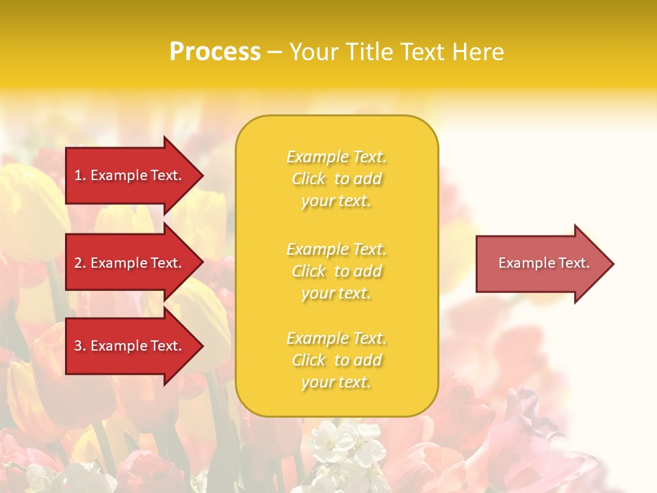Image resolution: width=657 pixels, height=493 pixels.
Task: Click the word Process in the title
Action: tap(215, 51)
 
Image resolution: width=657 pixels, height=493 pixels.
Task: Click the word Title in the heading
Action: tap(368, 51)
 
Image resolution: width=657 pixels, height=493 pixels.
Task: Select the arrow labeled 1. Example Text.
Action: tap(130, 175)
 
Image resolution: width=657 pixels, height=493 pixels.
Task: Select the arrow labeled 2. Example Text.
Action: tap(130, 263)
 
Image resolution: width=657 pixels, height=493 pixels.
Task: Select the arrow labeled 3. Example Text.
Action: tap(130, 346)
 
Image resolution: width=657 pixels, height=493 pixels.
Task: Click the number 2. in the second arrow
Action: tap(80, 263)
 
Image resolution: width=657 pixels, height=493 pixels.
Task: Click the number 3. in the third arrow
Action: tap(80, 346)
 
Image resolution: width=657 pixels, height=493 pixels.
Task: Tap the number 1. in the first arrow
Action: tap(80, 175)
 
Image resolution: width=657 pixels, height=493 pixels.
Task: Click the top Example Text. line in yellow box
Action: tap(336, 157)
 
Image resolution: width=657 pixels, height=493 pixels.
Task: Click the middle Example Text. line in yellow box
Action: tap(336, 249)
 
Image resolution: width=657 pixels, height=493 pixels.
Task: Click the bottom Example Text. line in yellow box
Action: tap(336, 338)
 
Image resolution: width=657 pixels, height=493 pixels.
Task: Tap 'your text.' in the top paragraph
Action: tap(336, 201)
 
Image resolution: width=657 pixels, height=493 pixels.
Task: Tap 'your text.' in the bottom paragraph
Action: tap(336, 383)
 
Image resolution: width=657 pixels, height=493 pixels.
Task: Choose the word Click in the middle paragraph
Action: tap(309, 271)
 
